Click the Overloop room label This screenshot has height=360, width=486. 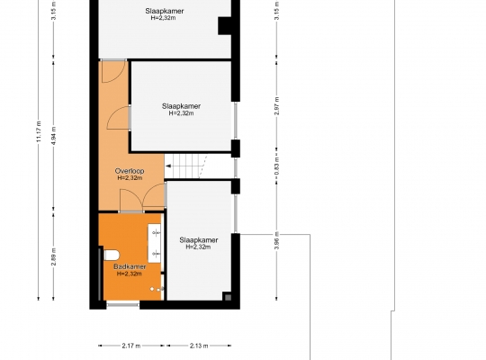point(130,171)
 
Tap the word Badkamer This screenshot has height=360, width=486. point(130,266)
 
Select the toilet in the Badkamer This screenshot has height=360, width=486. point(112,256)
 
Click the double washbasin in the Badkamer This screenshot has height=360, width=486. point(155,243)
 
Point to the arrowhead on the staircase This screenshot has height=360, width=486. point(168,166)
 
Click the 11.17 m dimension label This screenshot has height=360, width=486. point(39,131)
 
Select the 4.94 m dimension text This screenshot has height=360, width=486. point(54,136)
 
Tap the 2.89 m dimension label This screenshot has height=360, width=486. point(54,256)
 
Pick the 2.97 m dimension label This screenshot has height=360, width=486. point(277,105)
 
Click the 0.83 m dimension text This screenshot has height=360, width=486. point(277,166)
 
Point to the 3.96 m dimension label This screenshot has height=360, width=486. point(277,240)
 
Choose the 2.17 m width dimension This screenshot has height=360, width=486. point(131,346)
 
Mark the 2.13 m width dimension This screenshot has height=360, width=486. point(199,346)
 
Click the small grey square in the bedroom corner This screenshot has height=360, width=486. point(228,298)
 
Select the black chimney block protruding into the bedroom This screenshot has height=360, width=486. point(225,26)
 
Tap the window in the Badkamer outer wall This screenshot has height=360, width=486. point(123,305)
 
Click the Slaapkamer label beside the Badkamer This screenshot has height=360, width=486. point(198,240)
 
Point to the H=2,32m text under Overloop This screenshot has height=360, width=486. point(130,178)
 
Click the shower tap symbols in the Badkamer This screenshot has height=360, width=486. point(157,289)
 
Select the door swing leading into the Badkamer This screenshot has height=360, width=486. point(131,201)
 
